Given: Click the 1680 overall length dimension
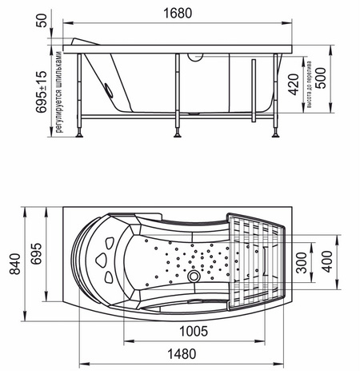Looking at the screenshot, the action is point(178,14).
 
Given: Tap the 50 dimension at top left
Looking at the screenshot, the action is point(42,21).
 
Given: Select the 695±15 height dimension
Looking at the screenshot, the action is point(42,91).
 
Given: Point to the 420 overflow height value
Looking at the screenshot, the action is point(294,85).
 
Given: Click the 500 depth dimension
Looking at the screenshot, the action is point(320,78).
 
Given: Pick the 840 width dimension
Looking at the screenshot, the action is point(15,264).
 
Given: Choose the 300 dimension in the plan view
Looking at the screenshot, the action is point(302,263).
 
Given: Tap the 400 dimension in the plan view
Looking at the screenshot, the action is point(328,261).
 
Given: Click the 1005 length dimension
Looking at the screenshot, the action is point(194,332).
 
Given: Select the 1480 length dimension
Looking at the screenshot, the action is point(182,354).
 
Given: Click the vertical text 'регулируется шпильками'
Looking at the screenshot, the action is point(58,92).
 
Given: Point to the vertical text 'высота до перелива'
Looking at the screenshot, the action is point(310,85).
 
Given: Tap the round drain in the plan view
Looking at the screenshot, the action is point(194,277).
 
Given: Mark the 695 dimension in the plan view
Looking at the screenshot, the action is point(36,253).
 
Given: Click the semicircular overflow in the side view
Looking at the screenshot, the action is point(195,58).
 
